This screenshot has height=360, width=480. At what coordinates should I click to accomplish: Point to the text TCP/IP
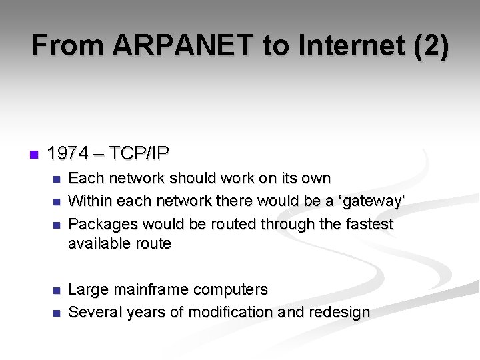coord(139,154)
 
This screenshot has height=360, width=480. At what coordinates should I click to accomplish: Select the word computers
coord(234,290)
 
